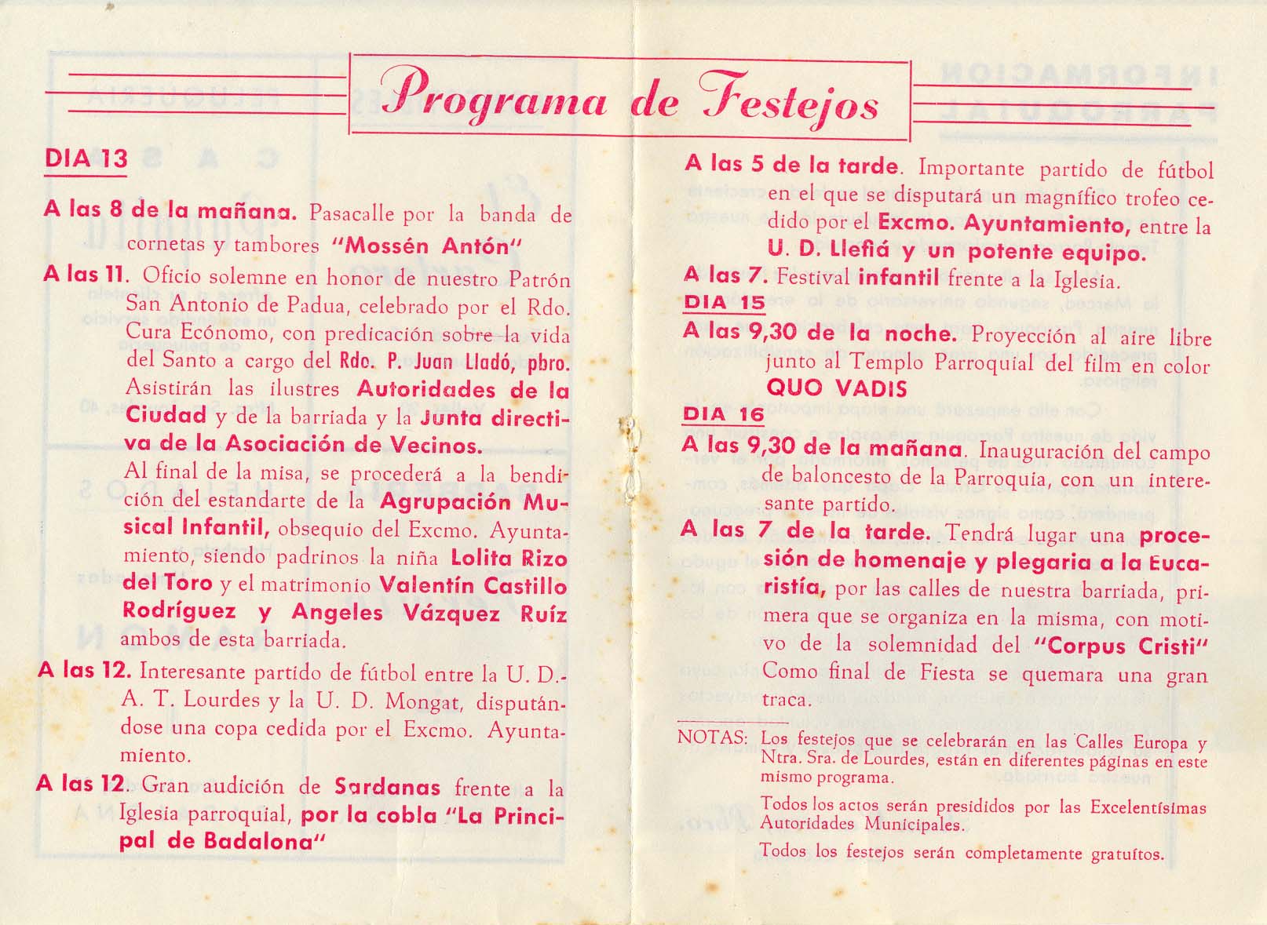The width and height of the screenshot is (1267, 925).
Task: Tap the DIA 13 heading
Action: pyautogui.click(x=86, y=158)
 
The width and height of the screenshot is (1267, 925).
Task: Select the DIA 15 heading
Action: pyautogui.click(x=724, y=302)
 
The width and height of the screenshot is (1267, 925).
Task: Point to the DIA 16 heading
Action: pyautogui.click(x=724, y=414)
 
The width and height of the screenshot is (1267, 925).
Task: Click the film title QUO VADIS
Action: pyautogui.click(x=836, y=388)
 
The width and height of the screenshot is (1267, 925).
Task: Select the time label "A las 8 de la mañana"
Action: pyautogui.click(x=170, y=210)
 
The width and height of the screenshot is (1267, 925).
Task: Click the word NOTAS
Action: pyautogui.click(x=711, y=737)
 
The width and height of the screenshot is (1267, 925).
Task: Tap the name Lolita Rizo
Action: pyautogui.click(x=509, y=558)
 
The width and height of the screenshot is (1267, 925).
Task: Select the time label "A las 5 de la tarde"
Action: pyautogui.click(x=791, y=165)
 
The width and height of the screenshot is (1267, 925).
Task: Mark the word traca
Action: pyautogui.click(x=787, y=699)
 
